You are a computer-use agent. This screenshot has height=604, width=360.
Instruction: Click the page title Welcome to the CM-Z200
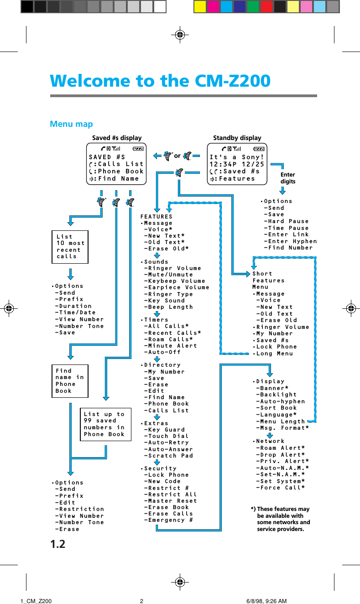click(160, 81)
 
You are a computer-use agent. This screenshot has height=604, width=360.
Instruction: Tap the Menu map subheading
click(71, 124)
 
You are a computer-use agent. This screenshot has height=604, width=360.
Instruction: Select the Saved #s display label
click(117, 138)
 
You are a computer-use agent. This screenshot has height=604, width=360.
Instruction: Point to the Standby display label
click(237, 138)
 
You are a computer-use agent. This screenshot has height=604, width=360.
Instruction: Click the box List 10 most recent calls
click(69, 247)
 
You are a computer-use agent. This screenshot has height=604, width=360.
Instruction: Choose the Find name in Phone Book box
click(69, 381)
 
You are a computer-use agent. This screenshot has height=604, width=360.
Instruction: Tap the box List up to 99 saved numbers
click(104, 424)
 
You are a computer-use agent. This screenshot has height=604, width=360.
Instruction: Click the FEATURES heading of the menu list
click(157, 217)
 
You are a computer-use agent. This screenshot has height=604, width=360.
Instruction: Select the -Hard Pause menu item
click(286, 221)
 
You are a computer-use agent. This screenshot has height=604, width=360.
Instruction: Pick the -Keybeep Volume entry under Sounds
click(174, 281)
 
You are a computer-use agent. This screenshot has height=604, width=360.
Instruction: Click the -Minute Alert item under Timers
click(171, 346)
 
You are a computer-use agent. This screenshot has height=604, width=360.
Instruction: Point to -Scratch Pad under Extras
click(168, 456)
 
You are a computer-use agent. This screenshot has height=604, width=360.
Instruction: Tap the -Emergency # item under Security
click(168, 520)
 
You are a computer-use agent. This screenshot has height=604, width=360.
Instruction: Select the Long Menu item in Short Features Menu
click(275, 354)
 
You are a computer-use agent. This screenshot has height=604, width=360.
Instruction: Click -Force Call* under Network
click(281, 488)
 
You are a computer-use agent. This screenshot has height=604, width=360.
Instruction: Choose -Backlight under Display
click(277, 395)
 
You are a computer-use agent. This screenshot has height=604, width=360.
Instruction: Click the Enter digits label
click(288, 178)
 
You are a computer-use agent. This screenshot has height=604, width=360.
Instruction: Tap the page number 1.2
click(57, 544)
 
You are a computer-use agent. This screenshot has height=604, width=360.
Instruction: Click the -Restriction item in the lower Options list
click(79, 509)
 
